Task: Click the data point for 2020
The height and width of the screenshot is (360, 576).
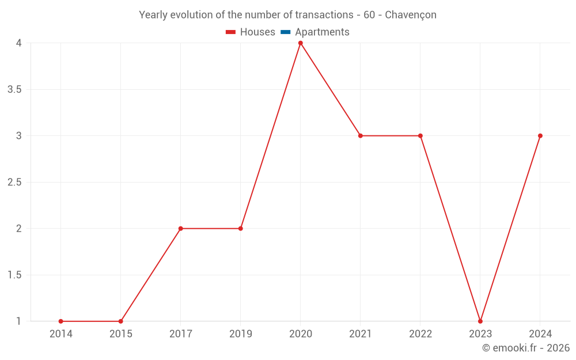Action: (x=300, y=43)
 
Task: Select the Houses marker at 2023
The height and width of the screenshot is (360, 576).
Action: (x=480, y=321)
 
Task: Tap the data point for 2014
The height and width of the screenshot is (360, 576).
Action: (x=60, y=321)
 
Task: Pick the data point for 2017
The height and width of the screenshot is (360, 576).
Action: (x=180, y=229)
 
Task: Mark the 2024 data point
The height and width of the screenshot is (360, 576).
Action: (x=540, y=136)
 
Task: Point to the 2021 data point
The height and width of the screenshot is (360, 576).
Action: (x=361, y=136)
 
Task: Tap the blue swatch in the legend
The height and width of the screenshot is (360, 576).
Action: (x=285, y=32)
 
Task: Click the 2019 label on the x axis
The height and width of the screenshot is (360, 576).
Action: (x=241, y=334)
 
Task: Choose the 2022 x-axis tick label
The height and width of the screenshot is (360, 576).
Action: (x=420, y=334)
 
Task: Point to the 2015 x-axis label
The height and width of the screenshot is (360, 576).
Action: (x=121, y=334)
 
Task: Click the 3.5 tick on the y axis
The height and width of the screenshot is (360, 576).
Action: (x=14, y=89)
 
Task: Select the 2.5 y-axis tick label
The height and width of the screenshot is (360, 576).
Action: (x=14, y=182)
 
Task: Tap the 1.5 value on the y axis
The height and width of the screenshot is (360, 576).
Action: (x=14, y=275)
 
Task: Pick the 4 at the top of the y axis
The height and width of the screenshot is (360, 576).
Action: (x=18, y=43)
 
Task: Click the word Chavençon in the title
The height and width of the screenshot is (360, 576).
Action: (x=410, y=15)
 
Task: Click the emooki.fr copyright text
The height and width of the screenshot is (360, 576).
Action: (x=526, y=348)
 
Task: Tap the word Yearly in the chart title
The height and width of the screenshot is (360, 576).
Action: (x=153, y=15)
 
